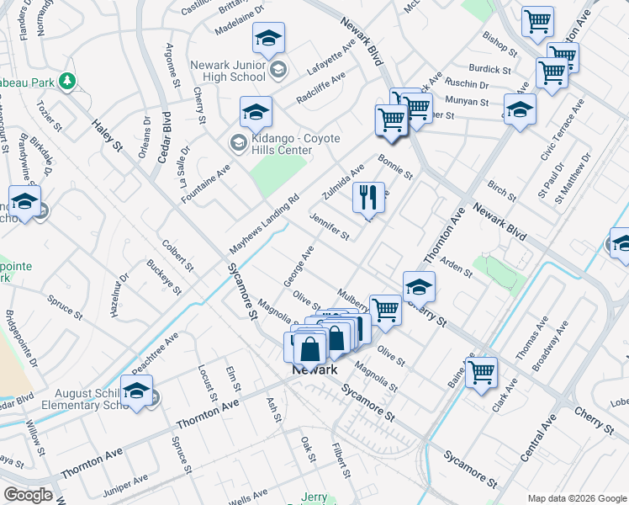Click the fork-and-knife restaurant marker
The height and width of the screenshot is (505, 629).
(x=368, y=198)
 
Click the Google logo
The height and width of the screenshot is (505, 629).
(x=28, y=495)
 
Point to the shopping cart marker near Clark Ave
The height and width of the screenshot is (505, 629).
(x=482, y=371)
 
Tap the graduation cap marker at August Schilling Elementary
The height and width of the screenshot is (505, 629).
(x=137, y=391)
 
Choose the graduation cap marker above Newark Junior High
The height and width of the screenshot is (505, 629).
(x=268, y=38)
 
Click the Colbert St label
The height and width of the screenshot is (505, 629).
(x=178, y=255)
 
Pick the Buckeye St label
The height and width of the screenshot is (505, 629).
(x=164, y=277)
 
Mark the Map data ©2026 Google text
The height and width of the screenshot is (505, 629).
(x=576, y=497)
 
